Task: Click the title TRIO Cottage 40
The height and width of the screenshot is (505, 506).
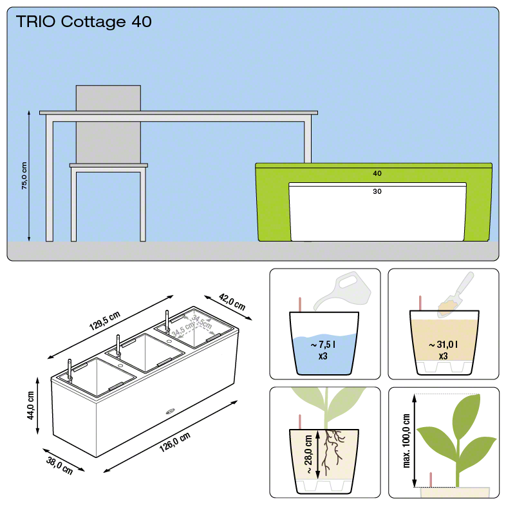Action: [x=84, y=22]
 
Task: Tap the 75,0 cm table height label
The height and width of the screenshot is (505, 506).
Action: [x=24, y=176]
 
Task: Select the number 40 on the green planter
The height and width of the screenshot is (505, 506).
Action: [x=377, y=173]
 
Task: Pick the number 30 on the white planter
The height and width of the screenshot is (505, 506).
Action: [x=377, y=191]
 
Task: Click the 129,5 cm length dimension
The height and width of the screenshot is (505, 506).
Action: [x=104, y=321]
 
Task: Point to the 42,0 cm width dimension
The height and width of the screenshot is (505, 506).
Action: [x=232, y=301]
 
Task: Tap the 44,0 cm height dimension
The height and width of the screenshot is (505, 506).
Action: [x=30, y=405]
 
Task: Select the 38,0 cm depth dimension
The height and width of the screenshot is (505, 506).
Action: [x=59, y=466]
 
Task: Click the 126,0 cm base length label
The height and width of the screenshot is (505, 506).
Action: [x=175, y=443]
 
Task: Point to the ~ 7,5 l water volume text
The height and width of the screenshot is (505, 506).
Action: [x=323, y=345]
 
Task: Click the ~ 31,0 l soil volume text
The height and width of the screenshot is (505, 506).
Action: [x=443, y=345]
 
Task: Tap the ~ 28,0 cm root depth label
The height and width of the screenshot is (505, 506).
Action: [x=308, y=454]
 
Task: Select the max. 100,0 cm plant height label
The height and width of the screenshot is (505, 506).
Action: [x=406, y=441]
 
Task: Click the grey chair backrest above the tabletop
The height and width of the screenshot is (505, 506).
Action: [x=108, y=98]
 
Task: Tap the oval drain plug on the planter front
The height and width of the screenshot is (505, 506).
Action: [x=170, y=412]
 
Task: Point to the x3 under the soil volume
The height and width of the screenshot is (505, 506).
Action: [x=443, y=356]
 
